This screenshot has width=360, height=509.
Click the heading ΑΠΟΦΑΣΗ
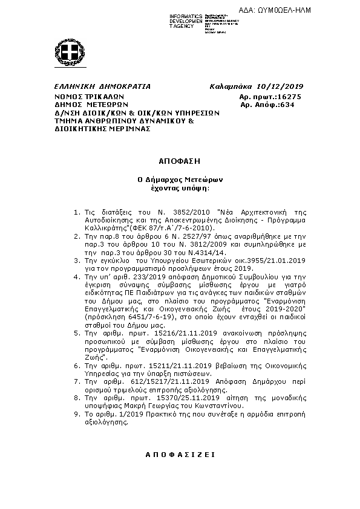click(179, 163)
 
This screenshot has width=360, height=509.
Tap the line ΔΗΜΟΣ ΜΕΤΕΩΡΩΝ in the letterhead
click(90, 105)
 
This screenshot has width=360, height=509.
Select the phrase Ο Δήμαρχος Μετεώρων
click(179, 180)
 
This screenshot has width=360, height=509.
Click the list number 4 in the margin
click(76, 276)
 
